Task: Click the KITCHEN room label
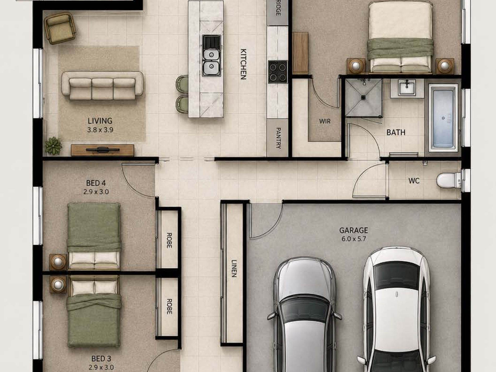243,64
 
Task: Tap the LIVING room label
100,121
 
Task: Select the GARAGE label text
353,230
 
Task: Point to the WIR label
324,121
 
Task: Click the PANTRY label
278,138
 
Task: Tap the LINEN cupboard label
234,268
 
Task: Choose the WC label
414,181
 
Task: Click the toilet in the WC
448,180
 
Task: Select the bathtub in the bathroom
443,118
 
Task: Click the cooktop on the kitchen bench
277,72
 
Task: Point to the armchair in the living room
60,28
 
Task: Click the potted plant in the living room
53,145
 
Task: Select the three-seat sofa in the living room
102,85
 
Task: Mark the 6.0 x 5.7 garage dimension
353,239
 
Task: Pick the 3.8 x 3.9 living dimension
100,130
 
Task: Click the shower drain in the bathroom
363,97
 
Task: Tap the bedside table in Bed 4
58,262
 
